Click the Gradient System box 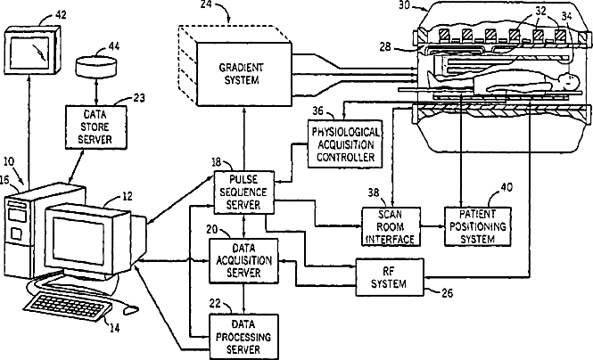[x=244, y=74]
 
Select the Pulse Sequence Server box [x=244, y=192]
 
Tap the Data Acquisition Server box [x=244, y=261]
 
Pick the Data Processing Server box [x=244, y=337]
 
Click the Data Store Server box [x=96, y=127]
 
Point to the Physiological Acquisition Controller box [x=345, y=144]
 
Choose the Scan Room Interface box [x=391, y=226]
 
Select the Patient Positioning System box [x=478, y=226]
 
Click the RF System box [x=390, y=277]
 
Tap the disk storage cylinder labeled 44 [x=95, y=66]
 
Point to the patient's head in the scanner [x=568, y=80]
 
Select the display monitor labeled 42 [x=32, y=50]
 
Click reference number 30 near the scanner [x=404, y=5]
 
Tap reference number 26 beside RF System [x=447, y=293]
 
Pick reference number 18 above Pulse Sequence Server [x=216, y=163]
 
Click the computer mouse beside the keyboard [x=131, y=310]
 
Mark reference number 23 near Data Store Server [x=139, y=98]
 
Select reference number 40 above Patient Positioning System [x=507, y=187]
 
